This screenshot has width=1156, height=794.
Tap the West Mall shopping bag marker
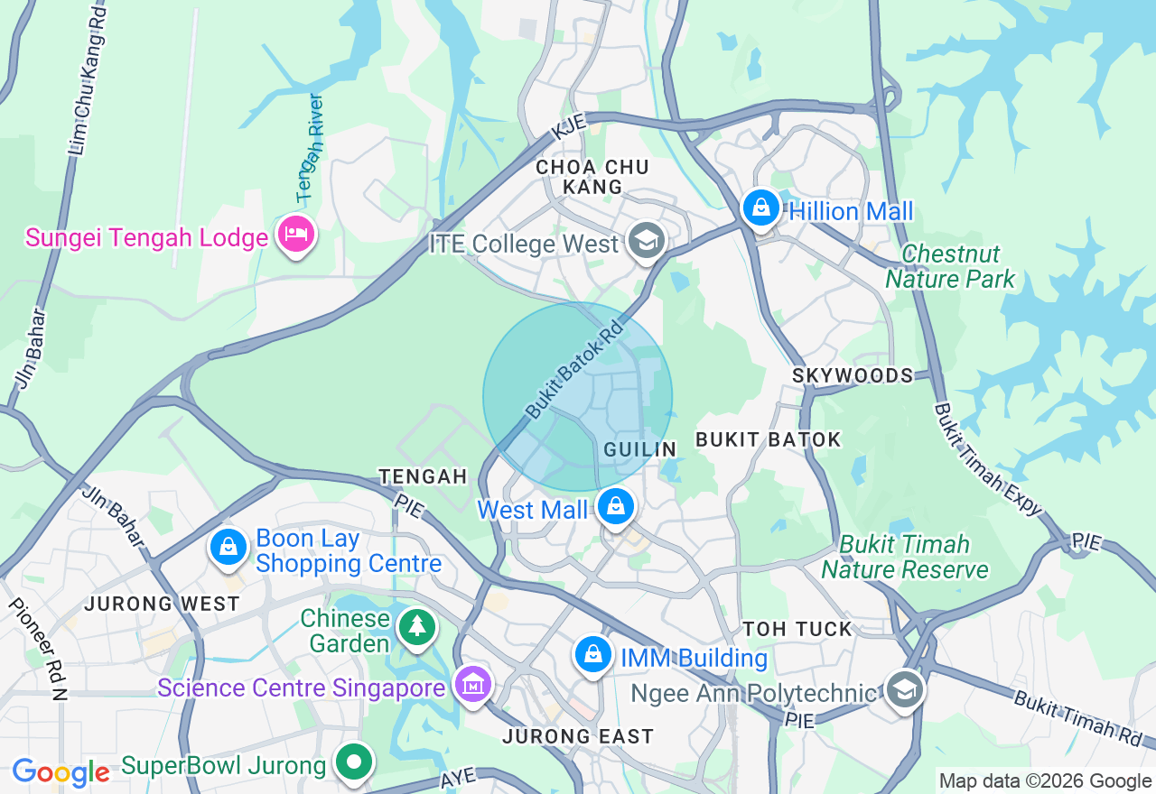click(x=616, y=507)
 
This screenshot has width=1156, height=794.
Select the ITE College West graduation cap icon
click(x=646, y=241)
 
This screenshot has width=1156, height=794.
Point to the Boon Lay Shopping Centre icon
click(x=229, y=547)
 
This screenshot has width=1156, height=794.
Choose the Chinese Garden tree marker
click(x=417, y=625)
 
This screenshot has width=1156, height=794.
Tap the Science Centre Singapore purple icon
click(x=473, y=686)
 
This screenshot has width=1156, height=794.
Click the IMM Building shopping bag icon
click(x=593, y=655)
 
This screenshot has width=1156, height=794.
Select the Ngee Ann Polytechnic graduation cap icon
click(x=904, y=690)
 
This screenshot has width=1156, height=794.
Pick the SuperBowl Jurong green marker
click(x=354, y=762)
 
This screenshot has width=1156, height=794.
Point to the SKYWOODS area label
click(x=853, y=375)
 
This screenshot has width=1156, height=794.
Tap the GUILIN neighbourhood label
click(x=640, y=449)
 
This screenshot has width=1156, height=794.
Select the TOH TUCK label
click(x=797, y=629)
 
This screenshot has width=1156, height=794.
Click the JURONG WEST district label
click(x=163, y=604)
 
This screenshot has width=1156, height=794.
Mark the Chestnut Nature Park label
click(x=950, y=266)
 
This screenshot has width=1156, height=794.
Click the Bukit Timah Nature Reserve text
click(x=904, y=557)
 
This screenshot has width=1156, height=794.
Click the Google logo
click(x=61, y=772)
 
